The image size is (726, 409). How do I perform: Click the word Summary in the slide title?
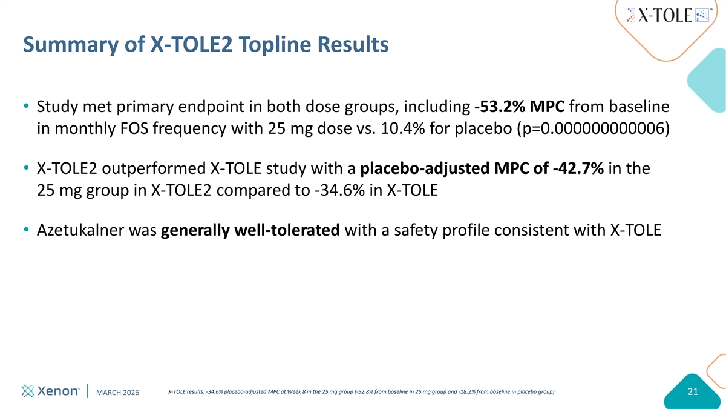71,45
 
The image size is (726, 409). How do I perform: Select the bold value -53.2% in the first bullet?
500,107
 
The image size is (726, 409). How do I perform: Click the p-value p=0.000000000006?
593,128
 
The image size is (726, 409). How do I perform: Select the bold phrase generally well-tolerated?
250,230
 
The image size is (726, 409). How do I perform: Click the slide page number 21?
693,392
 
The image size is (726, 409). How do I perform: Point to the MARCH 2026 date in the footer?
117,393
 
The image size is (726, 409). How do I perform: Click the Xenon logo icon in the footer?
28,391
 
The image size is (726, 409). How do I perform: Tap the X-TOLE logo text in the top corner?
665,15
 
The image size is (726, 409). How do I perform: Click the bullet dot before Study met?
26,106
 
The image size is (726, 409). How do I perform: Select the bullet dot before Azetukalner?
26,230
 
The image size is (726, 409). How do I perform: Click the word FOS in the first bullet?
134,128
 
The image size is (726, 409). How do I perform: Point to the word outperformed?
154,169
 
